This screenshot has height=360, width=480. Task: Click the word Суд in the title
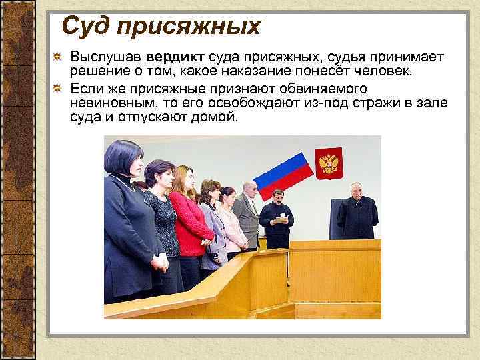tap(83, 27)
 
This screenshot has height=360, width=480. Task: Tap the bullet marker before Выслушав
tap(59, 56)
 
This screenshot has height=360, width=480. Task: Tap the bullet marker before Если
tap(59, 88)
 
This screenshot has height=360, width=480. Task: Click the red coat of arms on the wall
tap(328, 163)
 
